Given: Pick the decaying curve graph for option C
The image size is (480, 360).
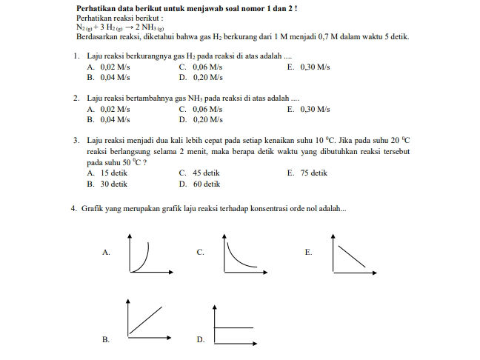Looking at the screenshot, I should coord(241,254).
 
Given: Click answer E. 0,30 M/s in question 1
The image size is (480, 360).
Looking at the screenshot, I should coord(308,67).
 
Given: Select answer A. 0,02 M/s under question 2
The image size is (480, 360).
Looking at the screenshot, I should coord(108,109).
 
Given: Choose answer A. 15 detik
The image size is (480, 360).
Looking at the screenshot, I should coord(107,173).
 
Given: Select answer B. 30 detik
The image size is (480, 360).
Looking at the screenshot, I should coord(107,184).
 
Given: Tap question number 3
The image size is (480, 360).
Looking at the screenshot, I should coord(77,139).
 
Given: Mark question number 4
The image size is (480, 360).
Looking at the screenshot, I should coord(74,209).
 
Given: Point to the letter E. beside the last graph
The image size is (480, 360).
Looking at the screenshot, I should coord(308,253).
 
